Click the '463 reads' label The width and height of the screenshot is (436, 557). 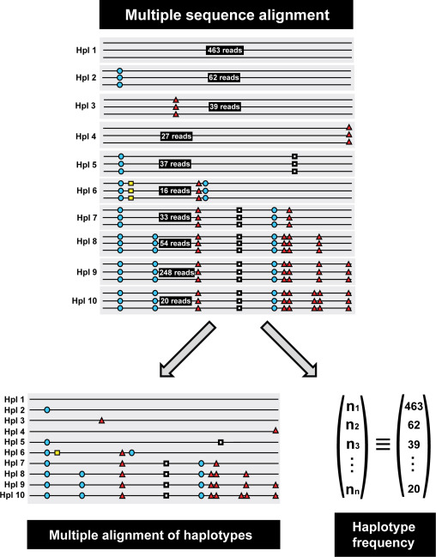pos(225,50)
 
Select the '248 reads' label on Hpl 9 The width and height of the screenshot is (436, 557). pos(177,272)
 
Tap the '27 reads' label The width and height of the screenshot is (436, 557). pos(176,136)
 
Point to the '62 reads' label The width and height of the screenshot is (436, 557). pos(224,77)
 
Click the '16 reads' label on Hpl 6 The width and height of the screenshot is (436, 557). pos(175,191)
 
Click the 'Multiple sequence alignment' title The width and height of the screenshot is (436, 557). pos(227,15)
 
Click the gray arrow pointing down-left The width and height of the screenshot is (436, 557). pos(187,348)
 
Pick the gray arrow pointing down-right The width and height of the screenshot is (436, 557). pos(289,348)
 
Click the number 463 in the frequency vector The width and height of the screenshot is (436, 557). pos(414,406)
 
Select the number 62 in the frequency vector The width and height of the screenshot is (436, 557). pos(414,425)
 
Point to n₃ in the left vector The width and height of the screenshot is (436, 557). pos(353,445)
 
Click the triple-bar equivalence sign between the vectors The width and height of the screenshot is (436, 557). pos(383,445)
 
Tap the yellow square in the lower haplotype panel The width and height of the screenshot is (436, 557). pos(58,452)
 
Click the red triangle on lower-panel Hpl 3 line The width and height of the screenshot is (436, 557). pos(101,421)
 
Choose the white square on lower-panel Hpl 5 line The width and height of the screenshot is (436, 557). pos(221,442)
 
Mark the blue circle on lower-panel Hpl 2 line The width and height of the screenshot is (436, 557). pos(47,410)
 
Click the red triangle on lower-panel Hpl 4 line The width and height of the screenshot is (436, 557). pos(276,431)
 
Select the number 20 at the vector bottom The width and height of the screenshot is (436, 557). pos(414,489)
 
